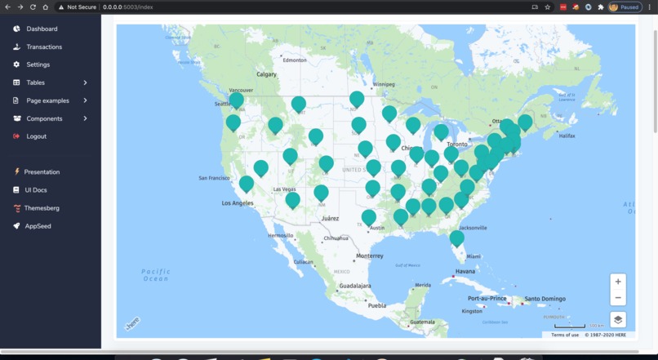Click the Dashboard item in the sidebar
coord(42,29)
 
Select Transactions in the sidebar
coord(44,47)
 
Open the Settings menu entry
coord(38,64)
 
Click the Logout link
coord(36,136)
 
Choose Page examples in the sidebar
coord(47,100)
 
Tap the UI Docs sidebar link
coord(35,190)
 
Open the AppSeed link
coord(38,226)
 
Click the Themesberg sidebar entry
coord(42,208)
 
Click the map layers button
coord(618,320)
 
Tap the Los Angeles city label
coord(242,203)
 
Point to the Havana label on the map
coord(465,271)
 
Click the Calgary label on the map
coord(267,74)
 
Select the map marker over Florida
coord(457,238)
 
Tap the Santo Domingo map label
coord(545,299)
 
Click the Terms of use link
coord(565,335)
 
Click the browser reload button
coord(33,7)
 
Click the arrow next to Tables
coord(85,82)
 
